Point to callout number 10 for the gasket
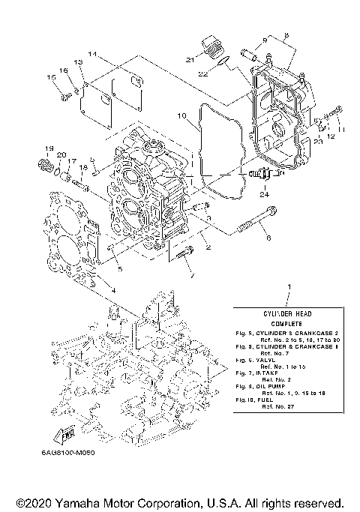click(181, 116)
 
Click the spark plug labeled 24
click(263, 175)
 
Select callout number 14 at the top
click(92, 54)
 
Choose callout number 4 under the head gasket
click(113, 289)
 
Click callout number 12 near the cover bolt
click(331, 136)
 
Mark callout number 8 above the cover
click(285, 35)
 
